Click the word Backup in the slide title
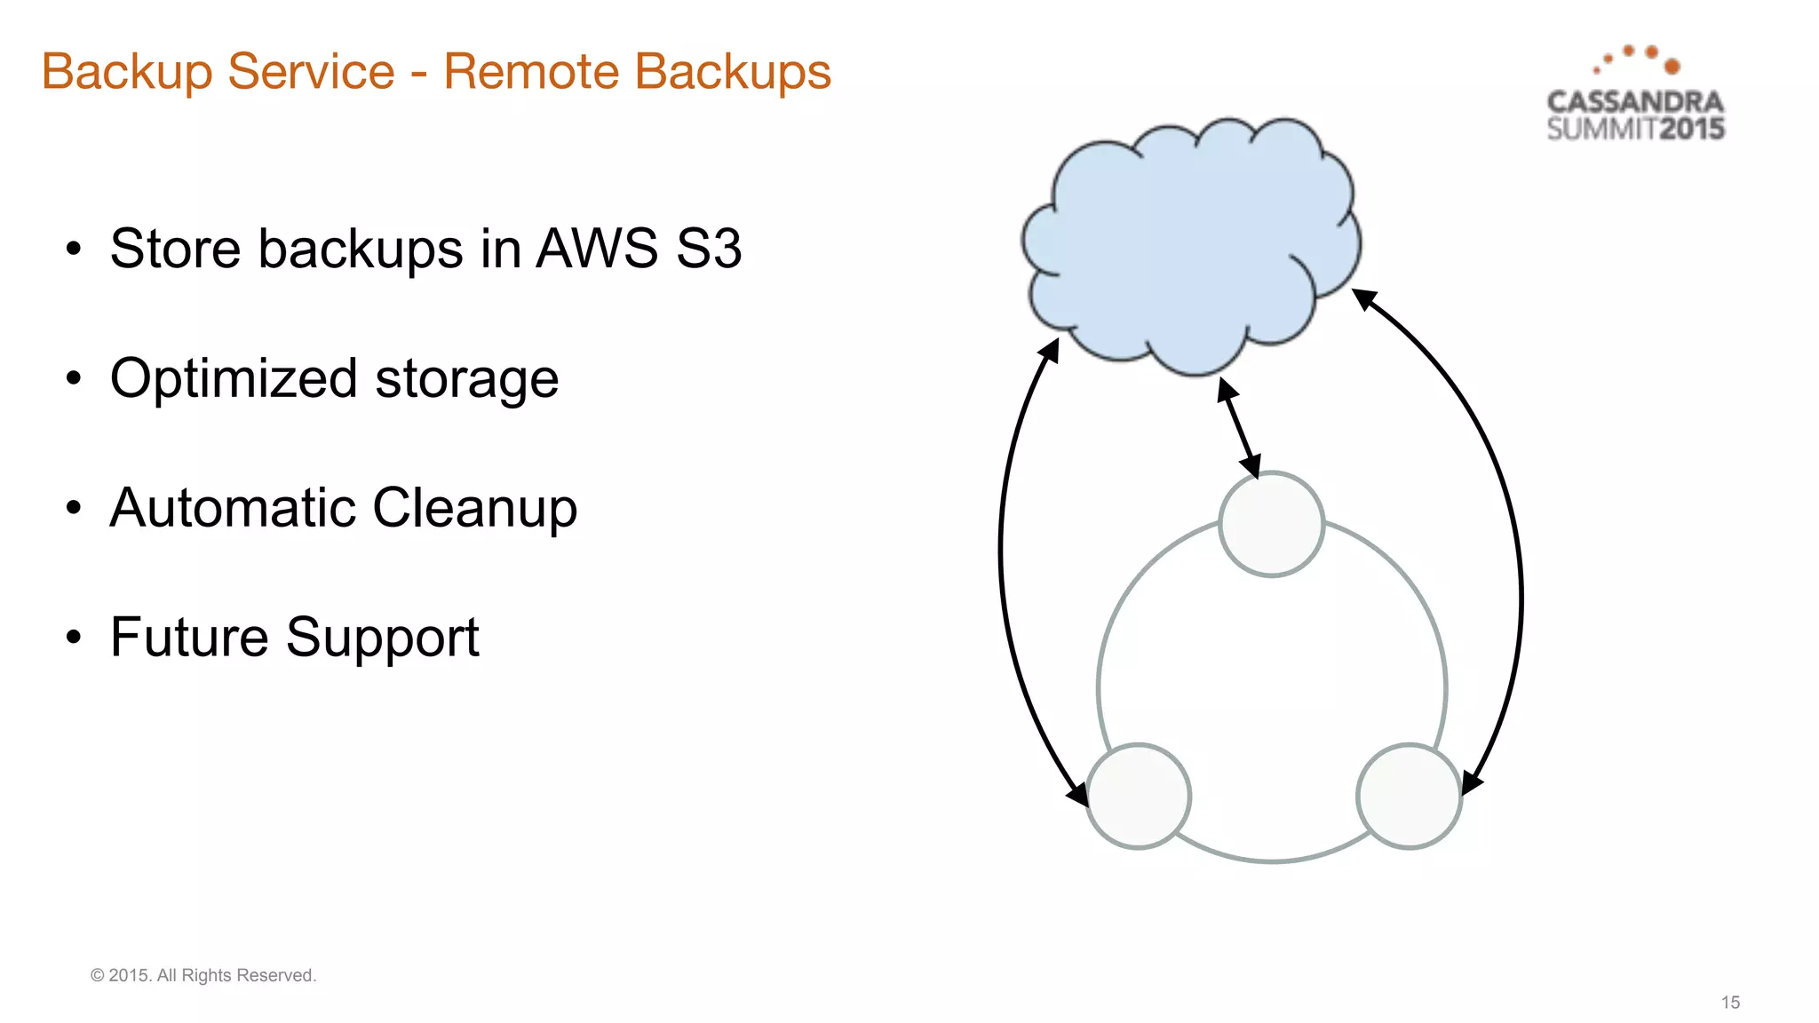[126, 73]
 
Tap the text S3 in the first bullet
[708, 249]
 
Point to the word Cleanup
[474, 509]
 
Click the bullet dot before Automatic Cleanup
[74, 508]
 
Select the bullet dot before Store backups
[74, 249]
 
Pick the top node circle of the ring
[1271, 524]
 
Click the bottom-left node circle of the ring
[1138, 796]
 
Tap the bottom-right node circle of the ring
[1409, 796]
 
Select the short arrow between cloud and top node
[1239, 428]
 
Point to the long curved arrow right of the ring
[1520, 568]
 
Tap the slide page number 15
[1730, 1002]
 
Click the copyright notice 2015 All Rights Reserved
[203, 975]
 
